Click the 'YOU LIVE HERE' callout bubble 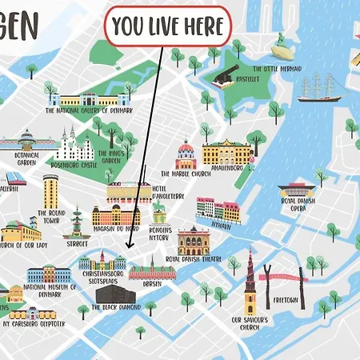(x=167, y=27)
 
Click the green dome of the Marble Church (x=186, y=150)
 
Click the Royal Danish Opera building (x=295, y=193)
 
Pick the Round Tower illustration (x=50, y=192)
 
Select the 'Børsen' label (x=153, y=283)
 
